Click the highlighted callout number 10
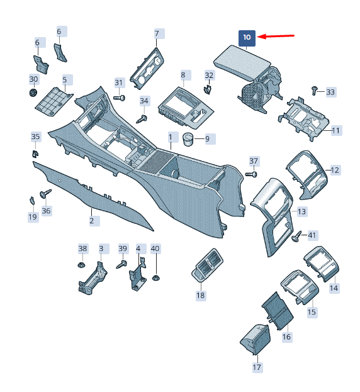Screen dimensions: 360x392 tap(247, 38)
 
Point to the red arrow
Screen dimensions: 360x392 tap(276, 36)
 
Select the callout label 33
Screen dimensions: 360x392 tap(331, 92)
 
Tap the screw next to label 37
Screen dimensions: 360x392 tap(251, 174)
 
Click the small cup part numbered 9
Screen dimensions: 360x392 tap(188, 139)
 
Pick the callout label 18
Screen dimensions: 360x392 tap(201, 296)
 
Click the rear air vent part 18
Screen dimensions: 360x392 tap(207, 266)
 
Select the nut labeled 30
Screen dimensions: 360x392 tap(33, 92)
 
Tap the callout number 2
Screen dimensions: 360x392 tap(92, 221)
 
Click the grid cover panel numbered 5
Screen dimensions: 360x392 tap(54, 102)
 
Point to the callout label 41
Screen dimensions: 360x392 tap(312, 235)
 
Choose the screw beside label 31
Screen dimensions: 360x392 tap(119, 98)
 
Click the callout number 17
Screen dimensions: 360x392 tap(257, 367)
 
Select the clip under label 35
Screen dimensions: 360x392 tap(35, 154)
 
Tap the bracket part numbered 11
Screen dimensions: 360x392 tap(303, 118)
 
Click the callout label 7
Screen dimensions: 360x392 tap(157, 33)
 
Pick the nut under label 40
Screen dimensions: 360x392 tap(155, 277)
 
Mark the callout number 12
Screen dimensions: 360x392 tap(335, 171)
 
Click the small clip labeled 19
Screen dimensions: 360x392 tap(31, 200)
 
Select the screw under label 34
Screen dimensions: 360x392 tap(142, 119)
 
